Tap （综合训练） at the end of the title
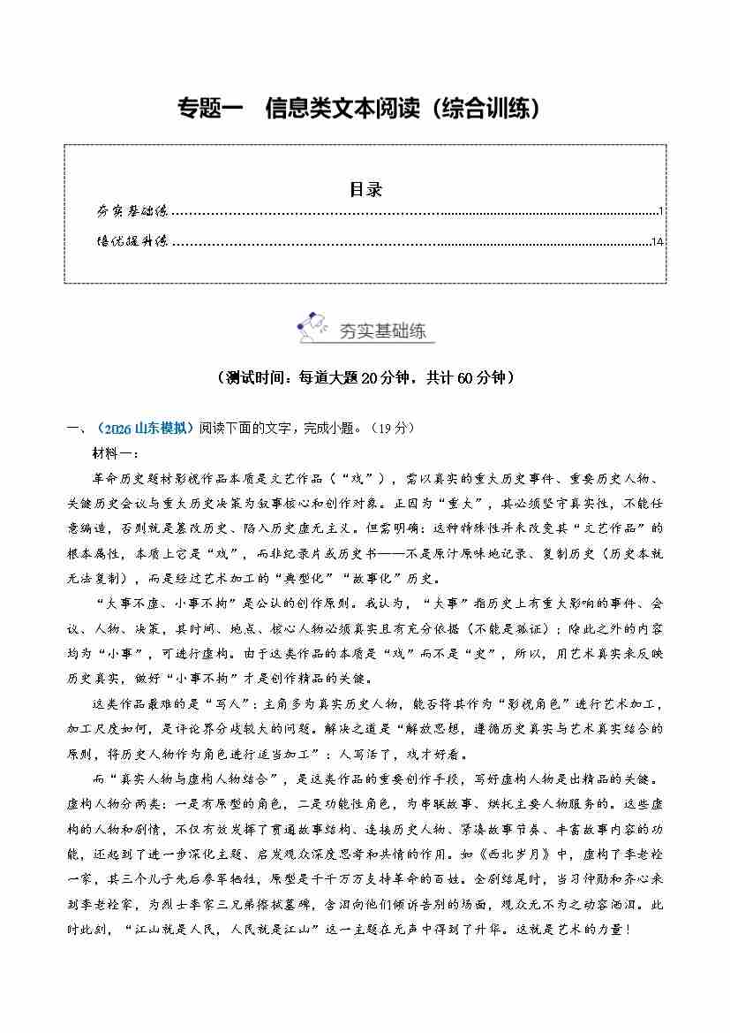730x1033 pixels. pyautogui.click(x=491, y=109)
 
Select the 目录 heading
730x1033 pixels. pyautogui.click(x=365, y=188)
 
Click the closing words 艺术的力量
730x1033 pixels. pyautogui.click(x=578, y=930)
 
